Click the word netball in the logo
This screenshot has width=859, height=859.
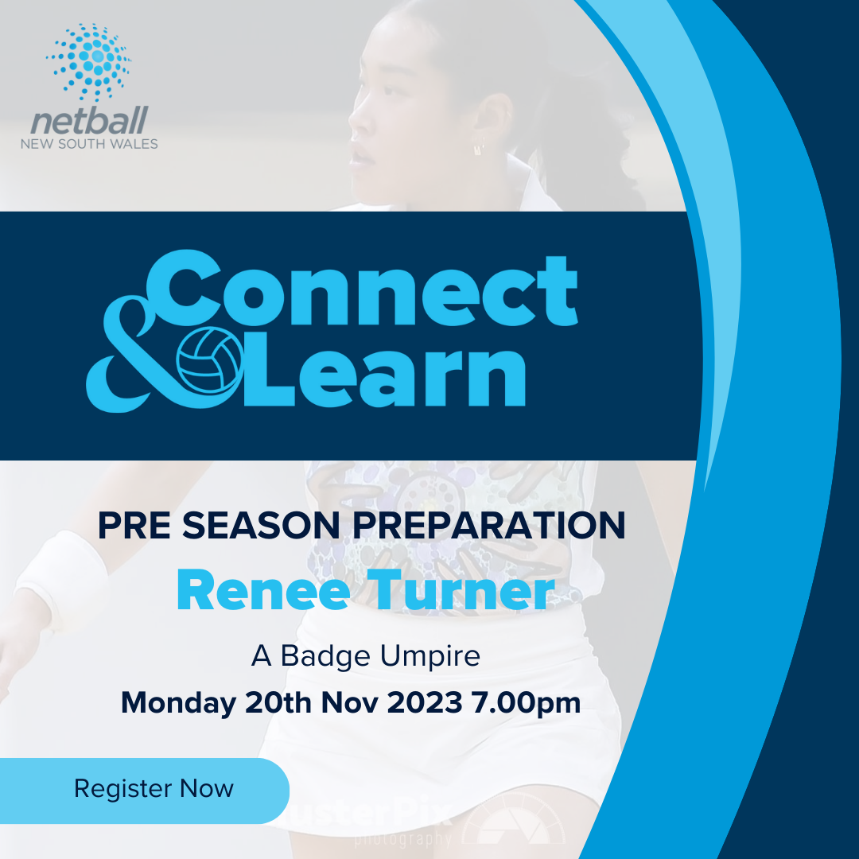89,122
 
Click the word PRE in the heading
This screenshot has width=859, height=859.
130,527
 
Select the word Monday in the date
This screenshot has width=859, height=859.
178,703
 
